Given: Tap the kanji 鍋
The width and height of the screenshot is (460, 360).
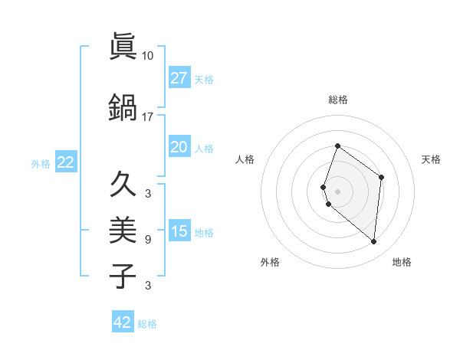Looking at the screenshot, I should (123, 108).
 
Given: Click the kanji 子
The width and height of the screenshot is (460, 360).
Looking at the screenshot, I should (123, 276).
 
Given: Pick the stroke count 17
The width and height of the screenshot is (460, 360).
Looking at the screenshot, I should (148, 117).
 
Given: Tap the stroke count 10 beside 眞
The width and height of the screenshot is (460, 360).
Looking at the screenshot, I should (148, 56).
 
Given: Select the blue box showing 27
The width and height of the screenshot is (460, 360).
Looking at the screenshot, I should (179, 78).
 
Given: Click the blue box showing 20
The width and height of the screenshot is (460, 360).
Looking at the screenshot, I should (179, 147).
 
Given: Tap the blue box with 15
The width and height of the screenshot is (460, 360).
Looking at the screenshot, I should (179, 231).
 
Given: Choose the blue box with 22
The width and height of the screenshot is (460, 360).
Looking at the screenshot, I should (66, 162).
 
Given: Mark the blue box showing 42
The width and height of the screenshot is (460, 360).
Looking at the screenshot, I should (123, 322).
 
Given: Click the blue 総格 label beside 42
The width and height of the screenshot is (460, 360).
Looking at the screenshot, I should (147, 324).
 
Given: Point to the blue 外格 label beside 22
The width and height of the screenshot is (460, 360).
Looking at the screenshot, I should (41, 163).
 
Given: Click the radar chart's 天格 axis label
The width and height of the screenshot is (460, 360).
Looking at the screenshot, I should (432, 159).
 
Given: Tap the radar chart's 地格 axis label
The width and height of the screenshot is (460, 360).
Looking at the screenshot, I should (402, 262).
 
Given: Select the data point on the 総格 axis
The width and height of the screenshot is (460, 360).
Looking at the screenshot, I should (337, 146).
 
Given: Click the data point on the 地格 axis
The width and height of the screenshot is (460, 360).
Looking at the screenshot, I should (373, 242).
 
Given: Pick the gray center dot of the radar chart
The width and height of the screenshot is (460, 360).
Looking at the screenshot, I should (337, 191).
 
